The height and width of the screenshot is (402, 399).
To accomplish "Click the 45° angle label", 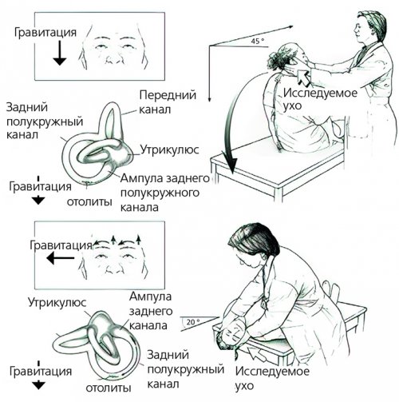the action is coord(258,41).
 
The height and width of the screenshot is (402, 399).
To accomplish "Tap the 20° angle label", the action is coord(193,322).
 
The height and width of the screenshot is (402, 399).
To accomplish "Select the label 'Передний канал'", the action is coord(168,102).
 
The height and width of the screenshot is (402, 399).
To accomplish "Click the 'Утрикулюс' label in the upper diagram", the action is coord(169,149).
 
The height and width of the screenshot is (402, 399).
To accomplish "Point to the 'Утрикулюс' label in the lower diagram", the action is coord(57,302).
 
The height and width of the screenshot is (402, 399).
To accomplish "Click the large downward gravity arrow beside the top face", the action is coord(60,53).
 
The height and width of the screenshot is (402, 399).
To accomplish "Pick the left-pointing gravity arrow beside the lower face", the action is coord(60,258).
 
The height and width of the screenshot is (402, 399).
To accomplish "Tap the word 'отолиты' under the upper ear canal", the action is coord(89,201).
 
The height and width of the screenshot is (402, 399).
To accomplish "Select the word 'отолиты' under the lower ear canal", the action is coord(109,388).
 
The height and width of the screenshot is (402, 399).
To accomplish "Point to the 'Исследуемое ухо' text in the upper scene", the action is coord(320,100).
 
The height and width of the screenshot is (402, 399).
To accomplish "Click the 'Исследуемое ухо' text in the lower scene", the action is coord(272,378).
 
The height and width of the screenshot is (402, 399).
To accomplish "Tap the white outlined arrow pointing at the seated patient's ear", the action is coord(303,78).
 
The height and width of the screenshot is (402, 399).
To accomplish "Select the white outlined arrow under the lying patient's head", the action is coord(258,354).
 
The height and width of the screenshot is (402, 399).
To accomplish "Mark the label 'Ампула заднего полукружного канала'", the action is coord(165,193).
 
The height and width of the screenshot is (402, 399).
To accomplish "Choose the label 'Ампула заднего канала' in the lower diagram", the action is coord(151,311).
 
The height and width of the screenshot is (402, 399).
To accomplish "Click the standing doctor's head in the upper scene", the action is coord(369,26).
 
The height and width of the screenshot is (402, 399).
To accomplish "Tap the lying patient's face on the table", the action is coord(232,334).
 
